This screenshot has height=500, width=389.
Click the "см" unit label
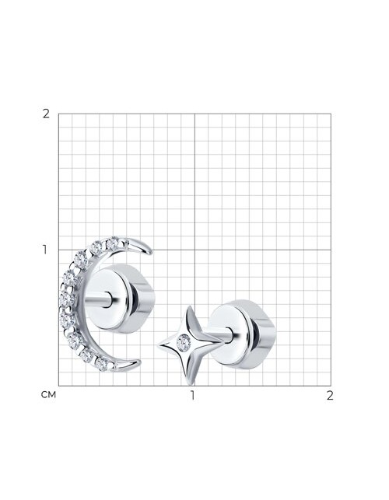point(48,395)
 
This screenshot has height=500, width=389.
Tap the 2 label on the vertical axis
point(46,114)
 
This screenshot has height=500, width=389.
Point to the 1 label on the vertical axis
point(45,250)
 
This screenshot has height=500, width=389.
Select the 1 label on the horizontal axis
point(192,395)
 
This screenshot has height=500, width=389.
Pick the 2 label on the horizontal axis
point(330,395)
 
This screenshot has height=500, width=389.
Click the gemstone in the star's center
point(184,343)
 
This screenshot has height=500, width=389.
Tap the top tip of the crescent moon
point(150,252)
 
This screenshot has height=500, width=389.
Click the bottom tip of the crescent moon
point(138,362)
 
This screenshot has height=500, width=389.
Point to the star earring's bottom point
point(190,383)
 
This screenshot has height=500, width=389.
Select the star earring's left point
point(158,346)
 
